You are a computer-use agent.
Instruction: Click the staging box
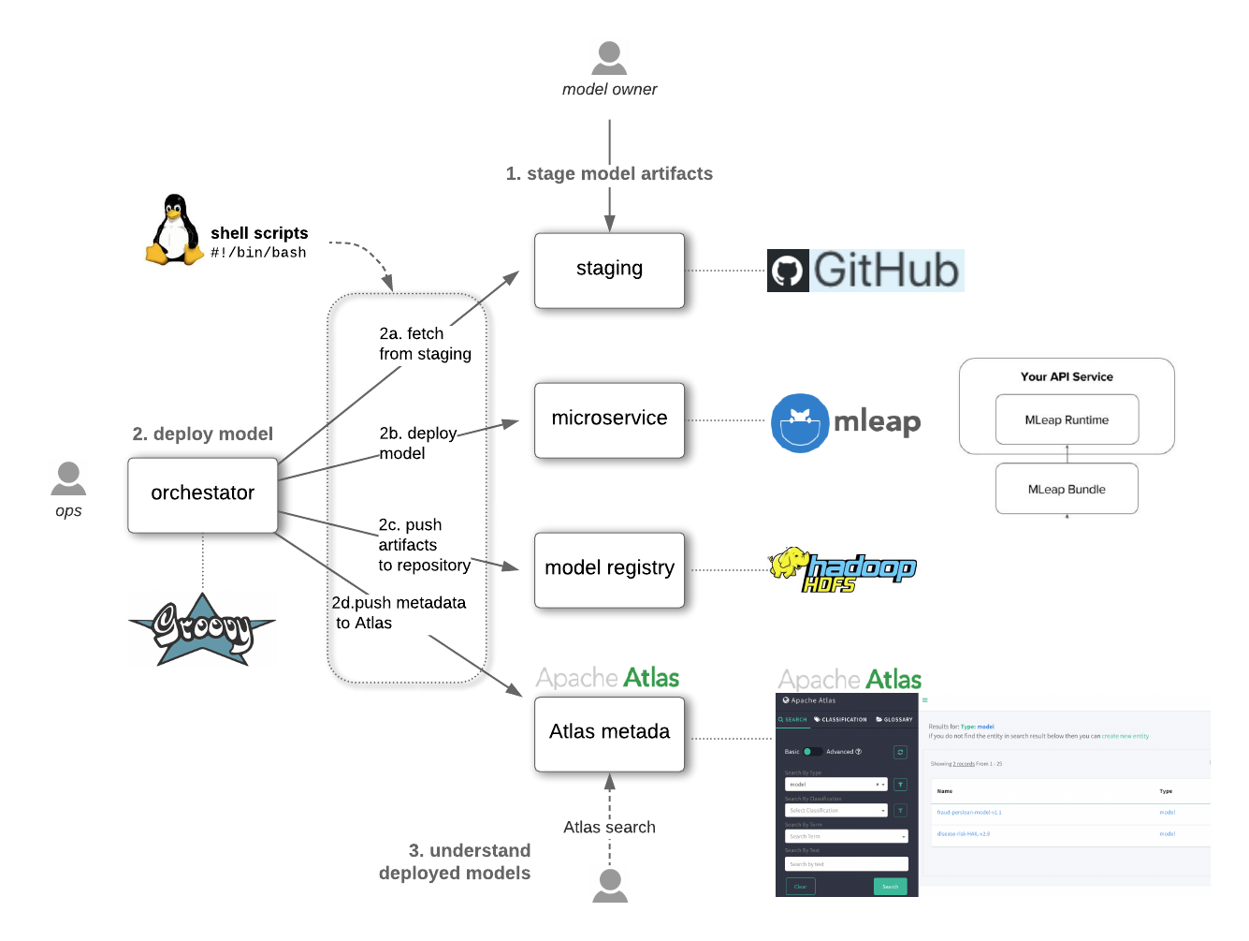tap(609, 271)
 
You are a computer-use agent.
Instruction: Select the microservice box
tap(609, 420)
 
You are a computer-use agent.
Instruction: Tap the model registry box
tap(609, 570)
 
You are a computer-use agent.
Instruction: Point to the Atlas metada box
tap(609, 734)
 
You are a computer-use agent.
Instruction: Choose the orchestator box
tap(202, 494)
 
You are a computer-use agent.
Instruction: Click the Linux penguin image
tap(170, 229)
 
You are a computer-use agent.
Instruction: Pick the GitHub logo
tap(865, 271)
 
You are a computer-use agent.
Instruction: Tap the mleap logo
tap(841, 421)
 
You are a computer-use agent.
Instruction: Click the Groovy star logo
tap(202, 627)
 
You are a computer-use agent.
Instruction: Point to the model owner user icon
tap(609, 56)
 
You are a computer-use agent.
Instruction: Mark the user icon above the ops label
tap(68, 477)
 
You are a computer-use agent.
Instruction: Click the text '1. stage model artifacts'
tap(609, 174)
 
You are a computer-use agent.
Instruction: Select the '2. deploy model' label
tap(202, 434)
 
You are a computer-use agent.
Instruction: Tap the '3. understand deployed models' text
tap(456, 861)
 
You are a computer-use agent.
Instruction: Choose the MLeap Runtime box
tap(1067, 419)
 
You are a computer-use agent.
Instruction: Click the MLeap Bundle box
tap(1067, 489)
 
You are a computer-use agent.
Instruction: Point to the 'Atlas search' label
tap(609, 828)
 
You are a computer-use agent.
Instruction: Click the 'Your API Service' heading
tap(1067, 376)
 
